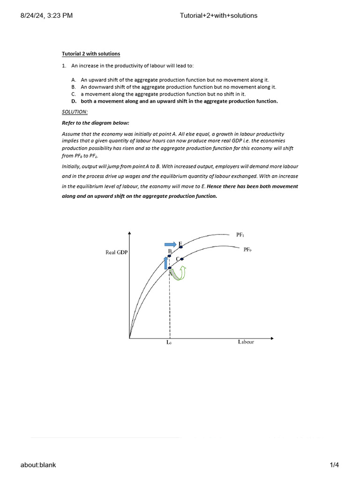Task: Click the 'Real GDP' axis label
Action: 117,252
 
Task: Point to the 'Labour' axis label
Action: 246,342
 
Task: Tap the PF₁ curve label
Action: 240,234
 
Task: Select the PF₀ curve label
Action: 247,250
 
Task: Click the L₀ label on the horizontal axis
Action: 169,343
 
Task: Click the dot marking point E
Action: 181,247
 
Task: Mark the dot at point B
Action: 170,256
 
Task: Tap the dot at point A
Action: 170,268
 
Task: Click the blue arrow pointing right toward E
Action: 171,244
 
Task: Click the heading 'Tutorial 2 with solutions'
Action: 91,54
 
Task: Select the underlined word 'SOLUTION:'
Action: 75,112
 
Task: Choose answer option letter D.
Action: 74,101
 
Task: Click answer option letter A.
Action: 74,80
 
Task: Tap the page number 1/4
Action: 334,465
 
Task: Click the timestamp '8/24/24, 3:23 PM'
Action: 46,15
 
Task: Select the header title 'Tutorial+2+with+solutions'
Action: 218,15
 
